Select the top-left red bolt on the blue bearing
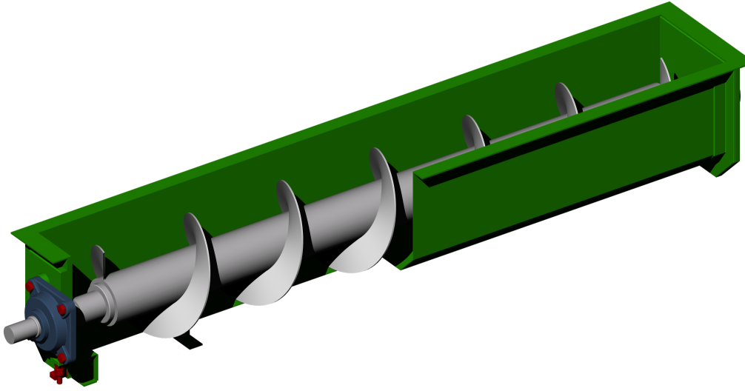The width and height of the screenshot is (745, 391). pyautogui.click(x=30, y=287)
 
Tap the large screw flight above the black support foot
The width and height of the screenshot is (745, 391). pyautogui.click(x=185, y=289)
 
